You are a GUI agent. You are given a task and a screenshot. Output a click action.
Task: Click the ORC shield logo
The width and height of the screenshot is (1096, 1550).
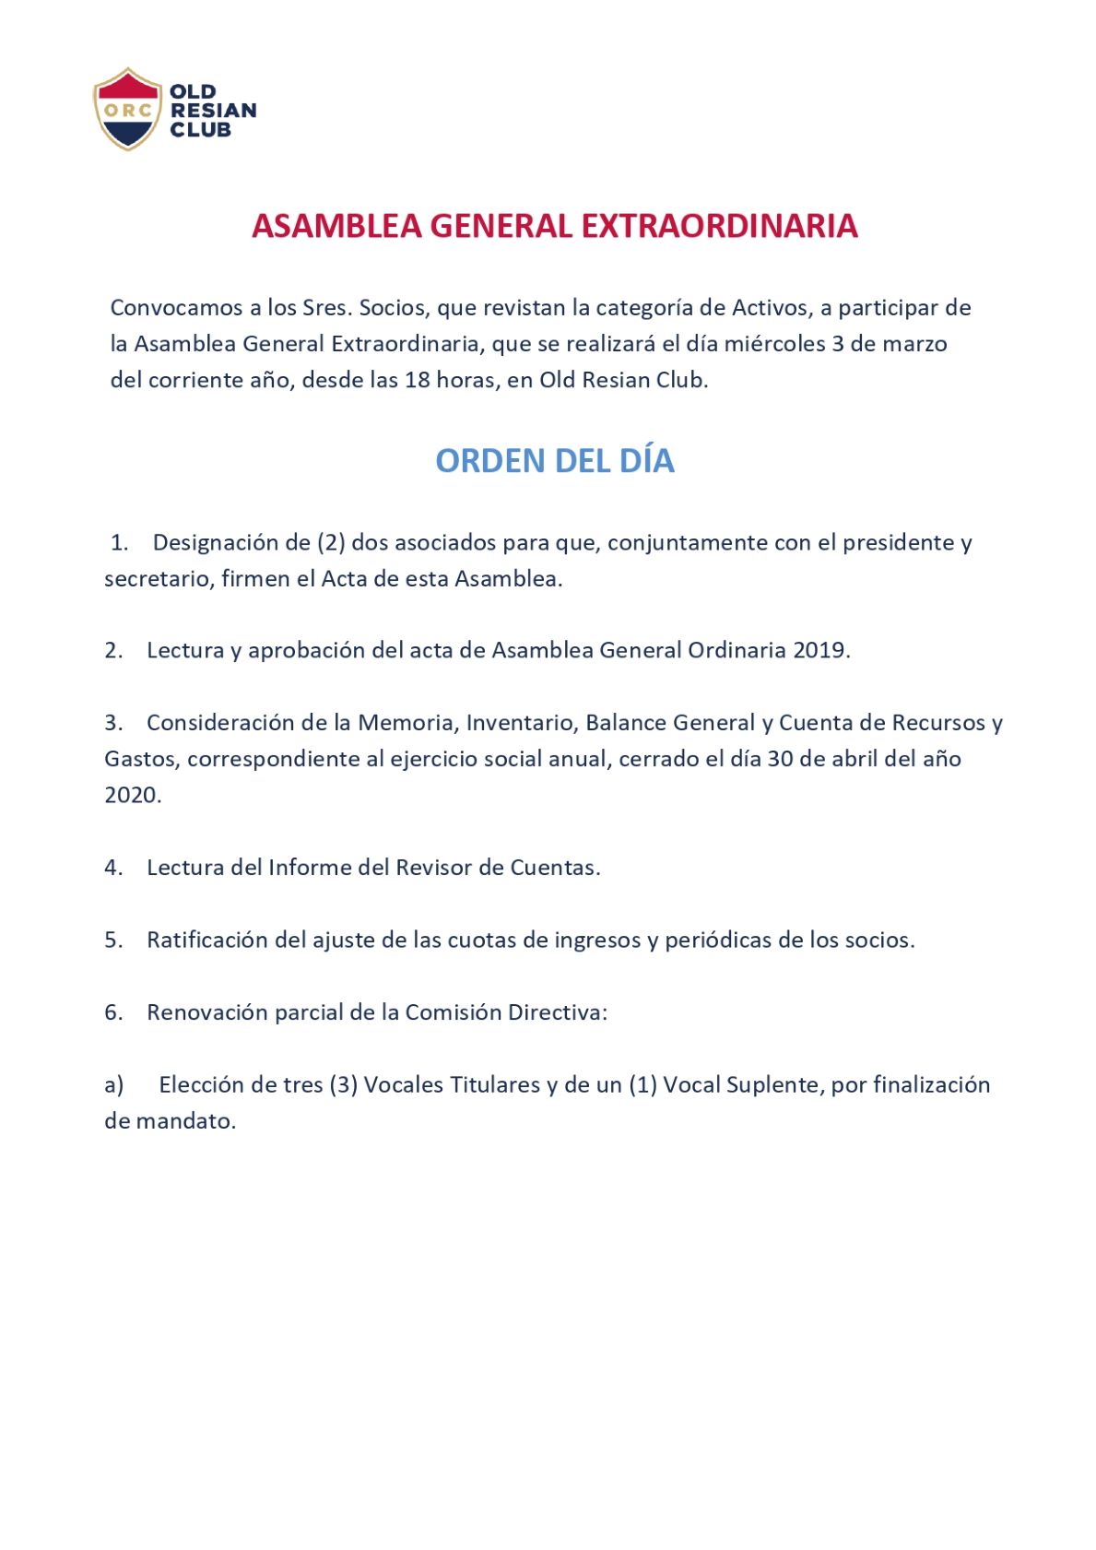(x=127, y=109)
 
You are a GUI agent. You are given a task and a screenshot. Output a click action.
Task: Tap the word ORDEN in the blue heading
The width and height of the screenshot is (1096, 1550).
(x=488, y=461)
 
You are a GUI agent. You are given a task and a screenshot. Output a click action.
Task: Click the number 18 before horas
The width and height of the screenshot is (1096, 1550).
(x=417, y=380)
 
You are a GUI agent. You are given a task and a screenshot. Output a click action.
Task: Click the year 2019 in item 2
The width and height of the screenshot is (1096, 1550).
(x=819, y=650)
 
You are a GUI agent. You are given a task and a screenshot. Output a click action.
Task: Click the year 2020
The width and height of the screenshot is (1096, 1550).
(x=131, y=795)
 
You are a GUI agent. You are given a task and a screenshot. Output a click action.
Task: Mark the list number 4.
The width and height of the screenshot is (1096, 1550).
(x=112, y=868)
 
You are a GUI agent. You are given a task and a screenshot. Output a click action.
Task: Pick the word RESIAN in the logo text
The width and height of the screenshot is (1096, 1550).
(x=213, y=111)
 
